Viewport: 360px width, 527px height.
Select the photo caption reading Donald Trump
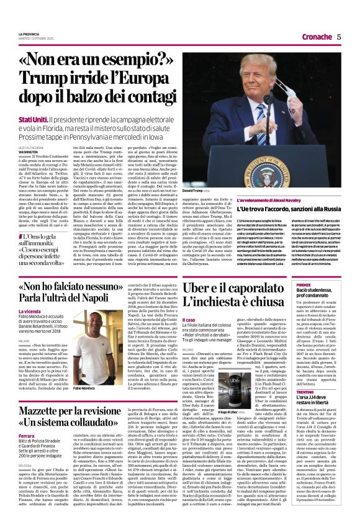pos(197,191)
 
